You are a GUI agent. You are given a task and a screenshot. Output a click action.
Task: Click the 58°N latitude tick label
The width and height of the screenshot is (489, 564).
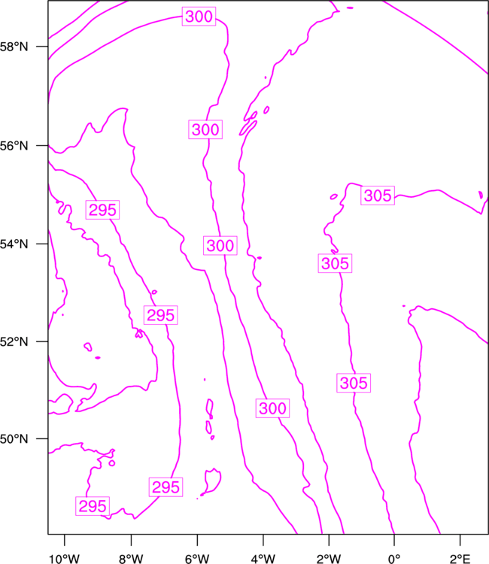(x=14, y=47)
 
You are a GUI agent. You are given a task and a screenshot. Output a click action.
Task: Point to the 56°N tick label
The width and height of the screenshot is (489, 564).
(x=14, y=146)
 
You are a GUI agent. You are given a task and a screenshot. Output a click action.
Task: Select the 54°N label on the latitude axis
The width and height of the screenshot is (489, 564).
(x=14, y=244)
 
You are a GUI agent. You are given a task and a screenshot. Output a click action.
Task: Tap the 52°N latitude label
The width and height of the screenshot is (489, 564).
(x=14, y=341)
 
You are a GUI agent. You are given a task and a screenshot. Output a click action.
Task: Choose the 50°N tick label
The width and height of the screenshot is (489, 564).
(x=14, y=439)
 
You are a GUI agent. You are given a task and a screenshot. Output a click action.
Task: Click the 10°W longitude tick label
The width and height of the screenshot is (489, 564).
(x=65, y=559)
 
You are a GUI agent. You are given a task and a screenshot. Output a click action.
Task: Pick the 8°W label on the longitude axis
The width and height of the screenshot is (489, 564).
(x=131, y=559)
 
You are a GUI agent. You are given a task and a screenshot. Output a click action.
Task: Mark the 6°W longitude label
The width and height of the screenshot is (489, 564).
(x=197, y=559)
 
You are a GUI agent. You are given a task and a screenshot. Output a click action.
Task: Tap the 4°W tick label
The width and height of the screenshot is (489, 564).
(x=263, y=559)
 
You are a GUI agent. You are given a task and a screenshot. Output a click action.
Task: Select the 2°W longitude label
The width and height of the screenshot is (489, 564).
(x=329, y=559)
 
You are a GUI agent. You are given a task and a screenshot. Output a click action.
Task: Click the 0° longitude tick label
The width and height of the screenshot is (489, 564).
(x=394, y=559)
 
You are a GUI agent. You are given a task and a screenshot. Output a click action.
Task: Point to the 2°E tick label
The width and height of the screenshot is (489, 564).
(x=460, y=559)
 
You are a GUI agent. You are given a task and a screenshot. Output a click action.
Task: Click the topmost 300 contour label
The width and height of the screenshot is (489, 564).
(x=199, y=17)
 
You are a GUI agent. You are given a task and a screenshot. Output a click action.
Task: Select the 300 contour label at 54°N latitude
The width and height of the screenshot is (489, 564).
(x=220, y=246)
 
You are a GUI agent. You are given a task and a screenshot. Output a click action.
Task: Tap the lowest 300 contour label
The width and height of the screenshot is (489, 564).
(x=273, y=408)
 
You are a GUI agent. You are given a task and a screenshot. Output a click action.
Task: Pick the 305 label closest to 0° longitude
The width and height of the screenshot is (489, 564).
(x=378, y=196)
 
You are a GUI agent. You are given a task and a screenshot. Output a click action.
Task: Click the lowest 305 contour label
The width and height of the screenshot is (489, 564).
(x=354, y=383)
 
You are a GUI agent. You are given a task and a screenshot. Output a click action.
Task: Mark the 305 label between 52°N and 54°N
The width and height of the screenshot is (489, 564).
(x=335, y=263)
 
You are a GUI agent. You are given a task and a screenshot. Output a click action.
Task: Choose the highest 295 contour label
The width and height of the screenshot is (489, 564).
(x=102, y=210)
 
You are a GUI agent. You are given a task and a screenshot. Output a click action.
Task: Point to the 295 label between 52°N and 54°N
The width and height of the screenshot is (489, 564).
(x=161, y=315)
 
